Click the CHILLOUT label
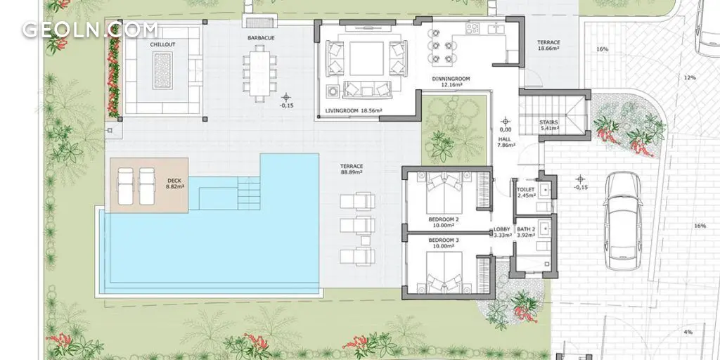tap(162, 44)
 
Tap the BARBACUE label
tap(261, 38)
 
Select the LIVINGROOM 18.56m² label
tap(354, 110)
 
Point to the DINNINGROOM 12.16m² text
tap(451, 82)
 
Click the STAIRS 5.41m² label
tap(548, 125)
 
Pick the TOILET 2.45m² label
tap(526, 193)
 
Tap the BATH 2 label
tap(526, 229)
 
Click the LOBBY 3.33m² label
tap(502, 232)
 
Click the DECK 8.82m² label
tap(175, 184)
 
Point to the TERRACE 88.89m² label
tap(352, 169)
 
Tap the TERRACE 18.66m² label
tap(548, 45)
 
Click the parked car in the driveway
tap(623, 221)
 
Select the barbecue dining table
tap(260, 72)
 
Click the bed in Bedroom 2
tap(444, 193)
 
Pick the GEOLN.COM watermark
tap(89, 30)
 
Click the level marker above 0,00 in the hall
tap(506, 121)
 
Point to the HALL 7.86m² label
tap(506, 142)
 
